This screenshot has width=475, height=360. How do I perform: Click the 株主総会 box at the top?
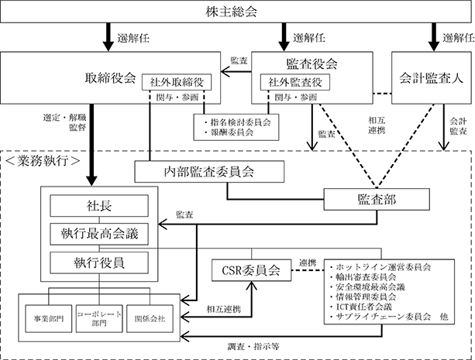pos(236,12)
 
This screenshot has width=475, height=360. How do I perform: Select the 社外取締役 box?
pos(177,82)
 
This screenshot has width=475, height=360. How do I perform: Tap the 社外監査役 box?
pos(295,82)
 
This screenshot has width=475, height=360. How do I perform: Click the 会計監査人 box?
pos(432,78)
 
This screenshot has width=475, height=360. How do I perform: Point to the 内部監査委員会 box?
pos(209,172)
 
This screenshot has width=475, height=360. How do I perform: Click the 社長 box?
pos(99,206)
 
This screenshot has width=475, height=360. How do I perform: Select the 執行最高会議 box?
pos(99,234)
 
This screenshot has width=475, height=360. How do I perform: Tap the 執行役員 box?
pos(99,262)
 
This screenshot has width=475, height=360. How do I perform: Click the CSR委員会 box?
pos(251,270)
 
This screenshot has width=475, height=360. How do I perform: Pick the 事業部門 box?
pos(49,318)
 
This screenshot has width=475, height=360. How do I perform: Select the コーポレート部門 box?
pos(99,318)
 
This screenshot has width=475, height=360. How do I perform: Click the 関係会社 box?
pos(150,318)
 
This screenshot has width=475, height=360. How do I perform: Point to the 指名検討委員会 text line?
pos(237,122)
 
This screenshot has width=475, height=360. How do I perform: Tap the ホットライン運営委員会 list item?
pos(380,267)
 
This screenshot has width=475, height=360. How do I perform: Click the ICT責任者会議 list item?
pos(361,307)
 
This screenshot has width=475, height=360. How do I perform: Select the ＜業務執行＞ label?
pos(43,161)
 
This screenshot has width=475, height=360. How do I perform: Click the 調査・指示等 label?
pos(253,346)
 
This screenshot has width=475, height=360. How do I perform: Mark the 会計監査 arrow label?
pos(458,126)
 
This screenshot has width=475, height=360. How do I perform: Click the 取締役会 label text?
pos(110,78)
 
